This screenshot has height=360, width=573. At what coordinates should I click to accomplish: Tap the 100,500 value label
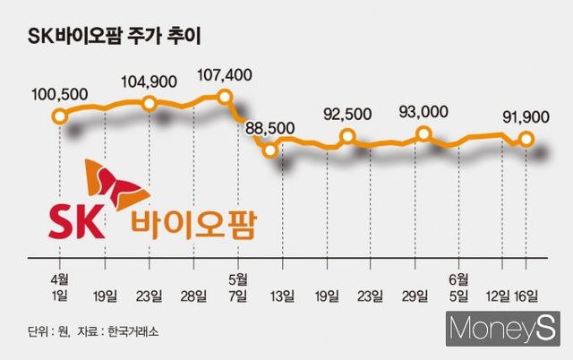[x=59, y=93]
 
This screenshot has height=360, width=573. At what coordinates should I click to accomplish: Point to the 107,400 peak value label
[x=225, y=75]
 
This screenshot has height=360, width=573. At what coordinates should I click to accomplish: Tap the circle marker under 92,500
[x=348, y=138]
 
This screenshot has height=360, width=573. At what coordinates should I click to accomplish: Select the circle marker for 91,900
[x=526, y=139]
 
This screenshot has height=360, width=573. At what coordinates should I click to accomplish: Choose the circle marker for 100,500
[x=60, y=116]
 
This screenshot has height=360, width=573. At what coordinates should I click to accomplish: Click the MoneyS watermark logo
[x=501, y=329]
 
